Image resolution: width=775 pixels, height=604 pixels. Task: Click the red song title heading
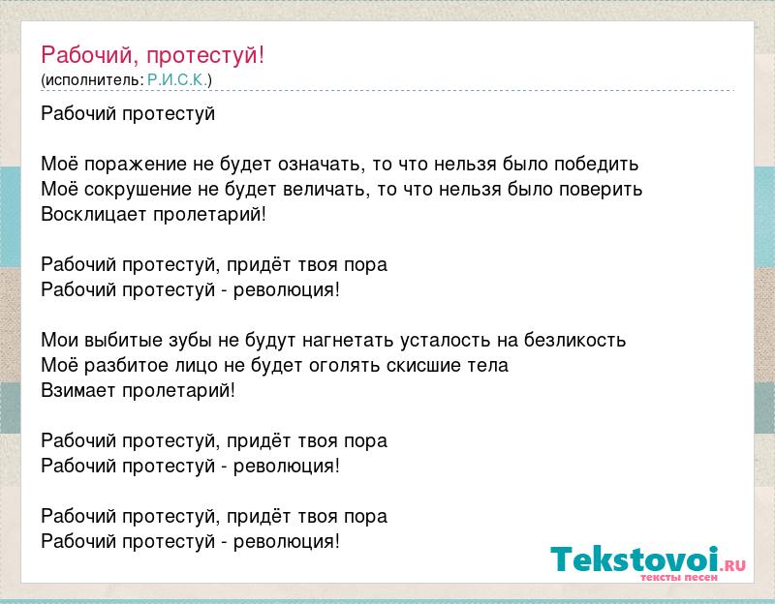(153, 55)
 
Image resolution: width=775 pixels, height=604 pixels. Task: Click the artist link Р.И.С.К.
(178, 80)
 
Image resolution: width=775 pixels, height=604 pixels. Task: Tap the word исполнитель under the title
(92, 80)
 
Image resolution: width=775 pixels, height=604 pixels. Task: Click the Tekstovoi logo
(648, 562)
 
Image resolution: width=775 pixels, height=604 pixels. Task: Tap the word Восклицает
(94, 214)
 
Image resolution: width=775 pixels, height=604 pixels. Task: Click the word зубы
(190, 341)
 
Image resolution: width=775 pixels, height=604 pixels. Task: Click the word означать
(322, 165)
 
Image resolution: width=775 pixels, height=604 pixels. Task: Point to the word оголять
(344, 366)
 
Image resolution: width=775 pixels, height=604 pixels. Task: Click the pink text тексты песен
(678, 577)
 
